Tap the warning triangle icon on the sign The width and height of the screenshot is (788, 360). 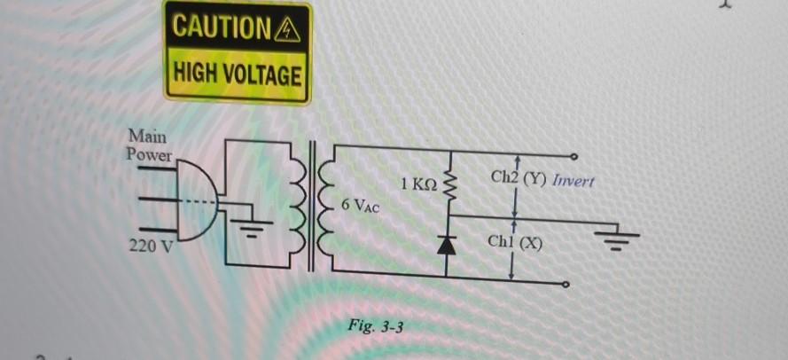point(290,29)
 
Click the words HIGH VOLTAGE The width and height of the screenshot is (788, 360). point(237,74)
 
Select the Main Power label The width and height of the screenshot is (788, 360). point(149,145)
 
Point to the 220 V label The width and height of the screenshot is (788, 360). point(151,246)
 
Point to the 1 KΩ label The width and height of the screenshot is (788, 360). point(418,184)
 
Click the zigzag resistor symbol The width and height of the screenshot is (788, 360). point(449,186)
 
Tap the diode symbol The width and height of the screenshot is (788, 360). point(449,244)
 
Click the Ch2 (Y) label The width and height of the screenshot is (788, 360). point(519,178)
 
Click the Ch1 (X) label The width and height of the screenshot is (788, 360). point(515,242)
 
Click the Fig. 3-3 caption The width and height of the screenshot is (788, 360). point(377,327)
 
